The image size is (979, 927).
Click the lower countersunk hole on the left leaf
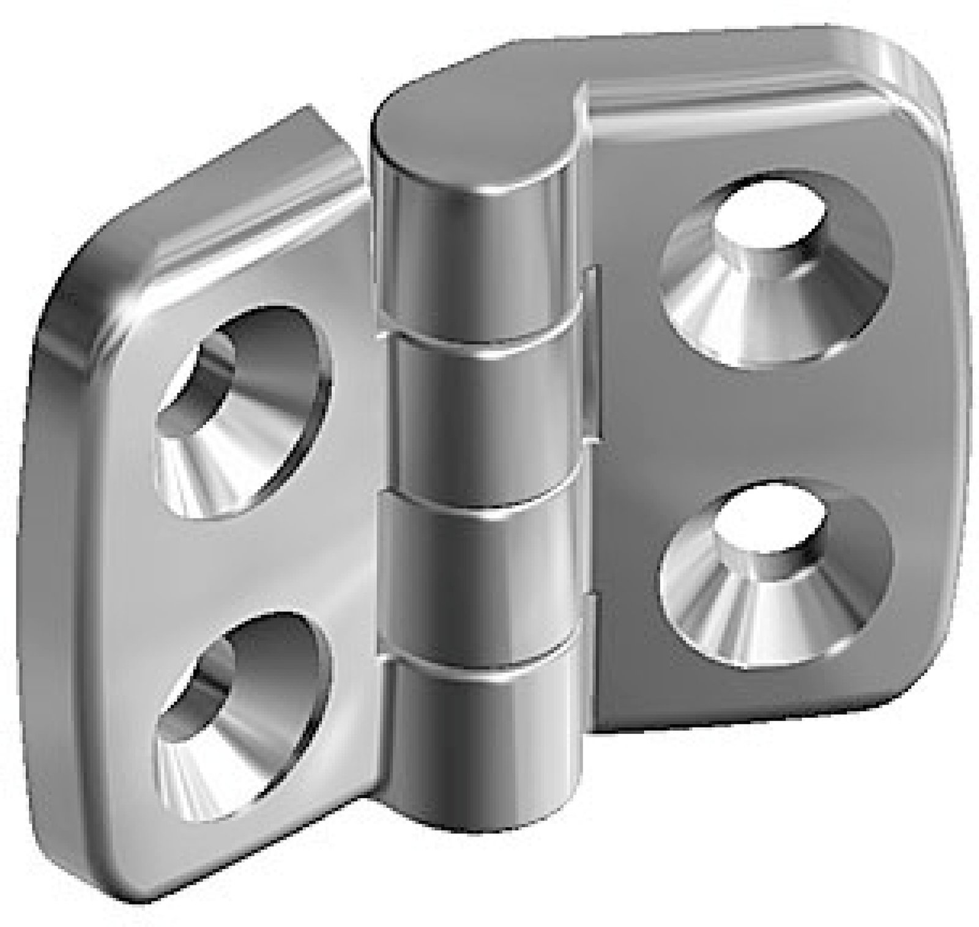coord(242,715)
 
